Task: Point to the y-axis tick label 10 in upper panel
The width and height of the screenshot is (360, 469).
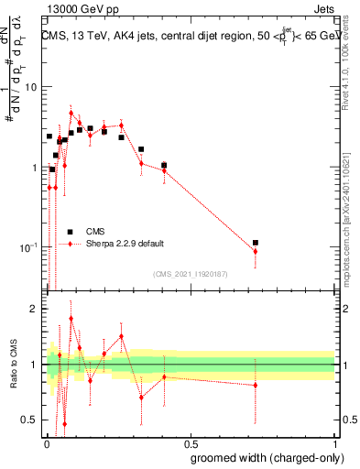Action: pyautogui.click(x=29, y=87)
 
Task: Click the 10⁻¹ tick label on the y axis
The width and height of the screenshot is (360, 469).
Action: pyautogui.click(x=27, y=248)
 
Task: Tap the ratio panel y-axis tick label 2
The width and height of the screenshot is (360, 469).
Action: pyautogui.click(x=35, y=310)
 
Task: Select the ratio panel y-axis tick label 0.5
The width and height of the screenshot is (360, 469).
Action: pyautogui.click(x=30, y=420)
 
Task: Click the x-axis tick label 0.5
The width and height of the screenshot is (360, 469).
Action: pyautogui.click(x=190, y=445)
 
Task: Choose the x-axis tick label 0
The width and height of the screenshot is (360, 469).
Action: pyautogui.click(x=47, y=445)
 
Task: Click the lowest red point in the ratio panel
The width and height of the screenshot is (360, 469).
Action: pyautogui.click(x=64, y=423)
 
